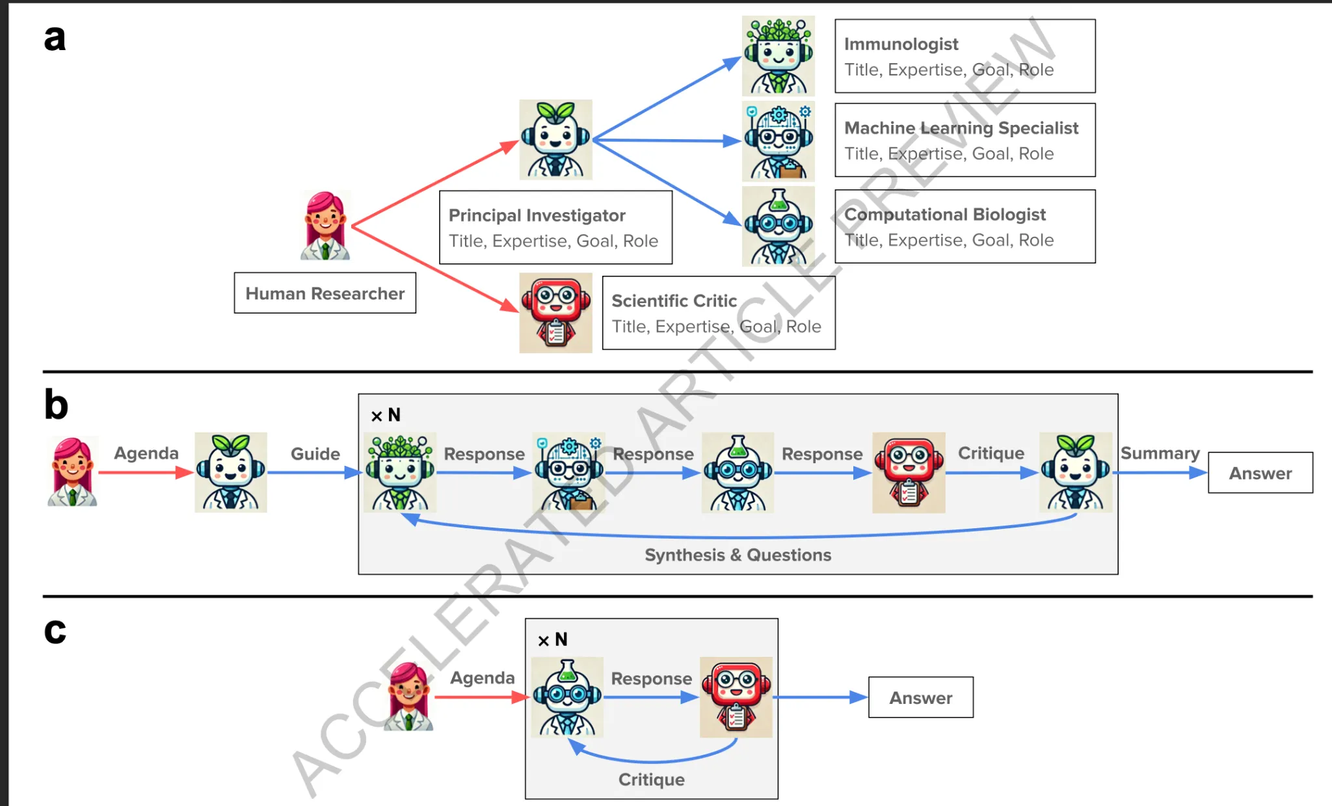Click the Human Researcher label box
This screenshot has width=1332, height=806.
tap(325, 293)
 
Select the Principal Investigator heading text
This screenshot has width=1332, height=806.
tap(537, 215)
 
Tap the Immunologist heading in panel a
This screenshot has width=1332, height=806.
tap(901, 44)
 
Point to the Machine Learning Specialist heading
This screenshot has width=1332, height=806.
tap(961, 128)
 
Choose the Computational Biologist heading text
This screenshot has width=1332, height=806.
tap(945, 215)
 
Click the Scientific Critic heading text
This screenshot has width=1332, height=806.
tap(674, 301)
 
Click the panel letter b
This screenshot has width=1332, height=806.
tap(56, 404)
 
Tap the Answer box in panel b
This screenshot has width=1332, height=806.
tap(1260, 473)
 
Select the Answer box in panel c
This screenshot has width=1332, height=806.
tap(921, 697)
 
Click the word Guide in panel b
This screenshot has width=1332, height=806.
tap(315, 453)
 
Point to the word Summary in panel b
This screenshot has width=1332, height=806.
tap(1160, 453)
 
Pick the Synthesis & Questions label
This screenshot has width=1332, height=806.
tap(738, 555)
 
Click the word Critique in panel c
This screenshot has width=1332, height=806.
tap(652, 779)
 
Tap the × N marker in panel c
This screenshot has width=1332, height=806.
tap(553, 639)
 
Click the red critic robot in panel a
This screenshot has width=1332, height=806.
tap(556, 313)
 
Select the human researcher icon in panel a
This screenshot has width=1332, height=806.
tap(325, 226)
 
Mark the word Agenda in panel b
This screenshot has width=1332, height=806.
tap(146, 453)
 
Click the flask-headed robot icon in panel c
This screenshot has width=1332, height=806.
tap(567, 697)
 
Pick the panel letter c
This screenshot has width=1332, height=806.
tap(55, 631)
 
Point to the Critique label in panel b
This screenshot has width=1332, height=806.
tap(991, 453)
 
